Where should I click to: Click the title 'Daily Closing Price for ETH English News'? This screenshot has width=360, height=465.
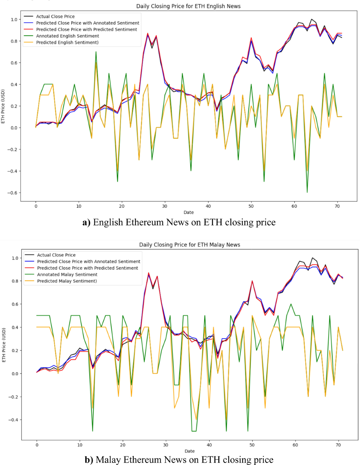pyautogui.click(x=188, y=6)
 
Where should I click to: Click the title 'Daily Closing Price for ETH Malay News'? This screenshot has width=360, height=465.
pyautogui.click(x=189, y=245)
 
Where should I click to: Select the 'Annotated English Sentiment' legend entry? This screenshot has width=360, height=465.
pyautogui.click(x=67, y=36)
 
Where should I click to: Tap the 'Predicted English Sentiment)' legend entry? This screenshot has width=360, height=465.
pyautogui.click(x=67, y=43)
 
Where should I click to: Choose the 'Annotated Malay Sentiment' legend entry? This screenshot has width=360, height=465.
pyautogui.click(x=67, y=275)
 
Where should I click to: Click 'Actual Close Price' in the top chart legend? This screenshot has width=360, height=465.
pyautogui.click(x=55, y=16)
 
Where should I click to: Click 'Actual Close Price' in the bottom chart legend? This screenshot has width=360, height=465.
pyautogui.click(x=56, y=255)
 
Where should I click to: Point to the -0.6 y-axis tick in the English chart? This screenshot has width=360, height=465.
pyautogui.click(x=12, y=193)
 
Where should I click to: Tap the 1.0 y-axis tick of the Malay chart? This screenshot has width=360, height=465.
pyautogui.click(x=15, y=258)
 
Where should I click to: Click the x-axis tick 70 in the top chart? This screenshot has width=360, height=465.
pyautogui.click(x=337, y=206)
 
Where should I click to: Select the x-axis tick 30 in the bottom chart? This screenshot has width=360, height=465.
pyautogui.click(x=166, y=445)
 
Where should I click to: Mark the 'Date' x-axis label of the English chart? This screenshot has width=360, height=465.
pyautogui.click(x=189, y=212)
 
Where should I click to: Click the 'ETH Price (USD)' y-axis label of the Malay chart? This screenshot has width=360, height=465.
pyautogui.click(x=4, y=345)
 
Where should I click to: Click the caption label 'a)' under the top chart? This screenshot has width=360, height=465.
pyautogui.click(x=86, y=222)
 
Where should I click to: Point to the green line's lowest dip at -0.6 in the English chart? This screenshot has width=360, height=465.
pyautogui.click(x=307, y=192)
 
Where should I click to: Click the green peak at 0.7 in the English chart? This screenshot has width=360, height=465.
pyautogui.click(x=96, y=52)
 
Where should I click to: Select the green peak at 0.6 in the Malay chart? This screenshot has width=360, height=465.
pyautogui.click(x=291, y=304)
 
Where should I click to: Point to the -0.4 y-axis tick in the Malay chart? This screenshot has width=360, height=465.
pyautogui.click(x=13, y=420)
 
